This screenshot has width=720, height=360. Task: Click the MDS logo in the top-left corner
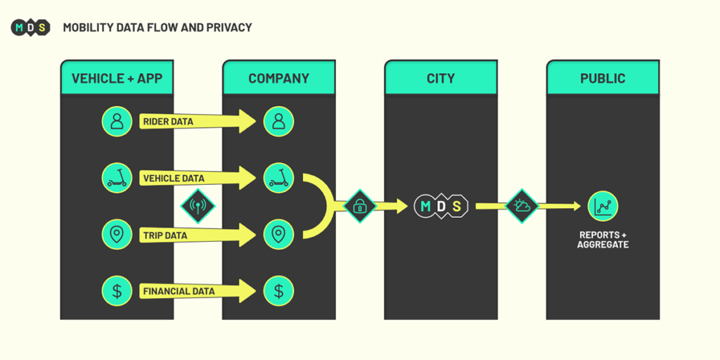tap(30, 27)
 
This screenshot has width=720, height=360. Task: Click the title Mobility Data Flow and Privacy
tap(157, 27)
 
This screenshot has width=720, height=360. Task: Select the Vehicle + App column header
tap(117, 78)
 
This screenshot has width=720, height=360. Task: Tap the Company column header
tap(279, 78)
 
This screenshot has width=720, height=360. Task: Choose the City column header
tap(441, 78)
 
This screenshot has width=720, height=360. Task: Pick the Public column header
tap(603, 78)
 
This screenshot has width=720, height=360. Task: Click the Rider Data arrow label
tap(168, 122)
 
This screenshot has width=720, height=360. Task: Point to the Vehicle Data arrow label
tap(174, 178)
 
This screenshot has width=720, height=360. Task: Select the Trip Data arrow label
tap(165, 235)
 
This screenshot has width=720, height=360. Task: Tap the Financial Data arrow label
tap(179, 290)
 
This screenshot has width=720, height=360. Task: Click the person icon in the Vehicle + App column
tap(117, 122)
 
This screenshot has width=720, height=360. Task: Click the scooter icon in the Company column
tap(279, 178)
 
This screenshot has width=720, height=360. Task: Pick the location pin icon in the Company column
tap(279, 234)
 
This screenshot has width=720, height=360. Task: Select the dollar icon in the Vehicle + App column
tap(117, 290)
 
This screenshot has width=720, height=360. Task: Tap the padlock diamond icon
tap(360, 206)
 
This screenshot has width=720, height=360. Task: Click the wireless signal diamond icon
tap(198, 206)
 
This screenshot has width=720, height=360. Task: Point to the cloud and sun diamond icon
tap(522, 206)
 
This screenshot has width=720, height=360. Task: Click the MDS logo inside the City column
tap(441, 206)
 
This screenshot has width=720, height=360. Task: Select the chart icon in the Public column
tap(603, 206)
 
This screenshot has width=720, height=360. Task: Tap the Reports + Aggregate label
tap(603, 240)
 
